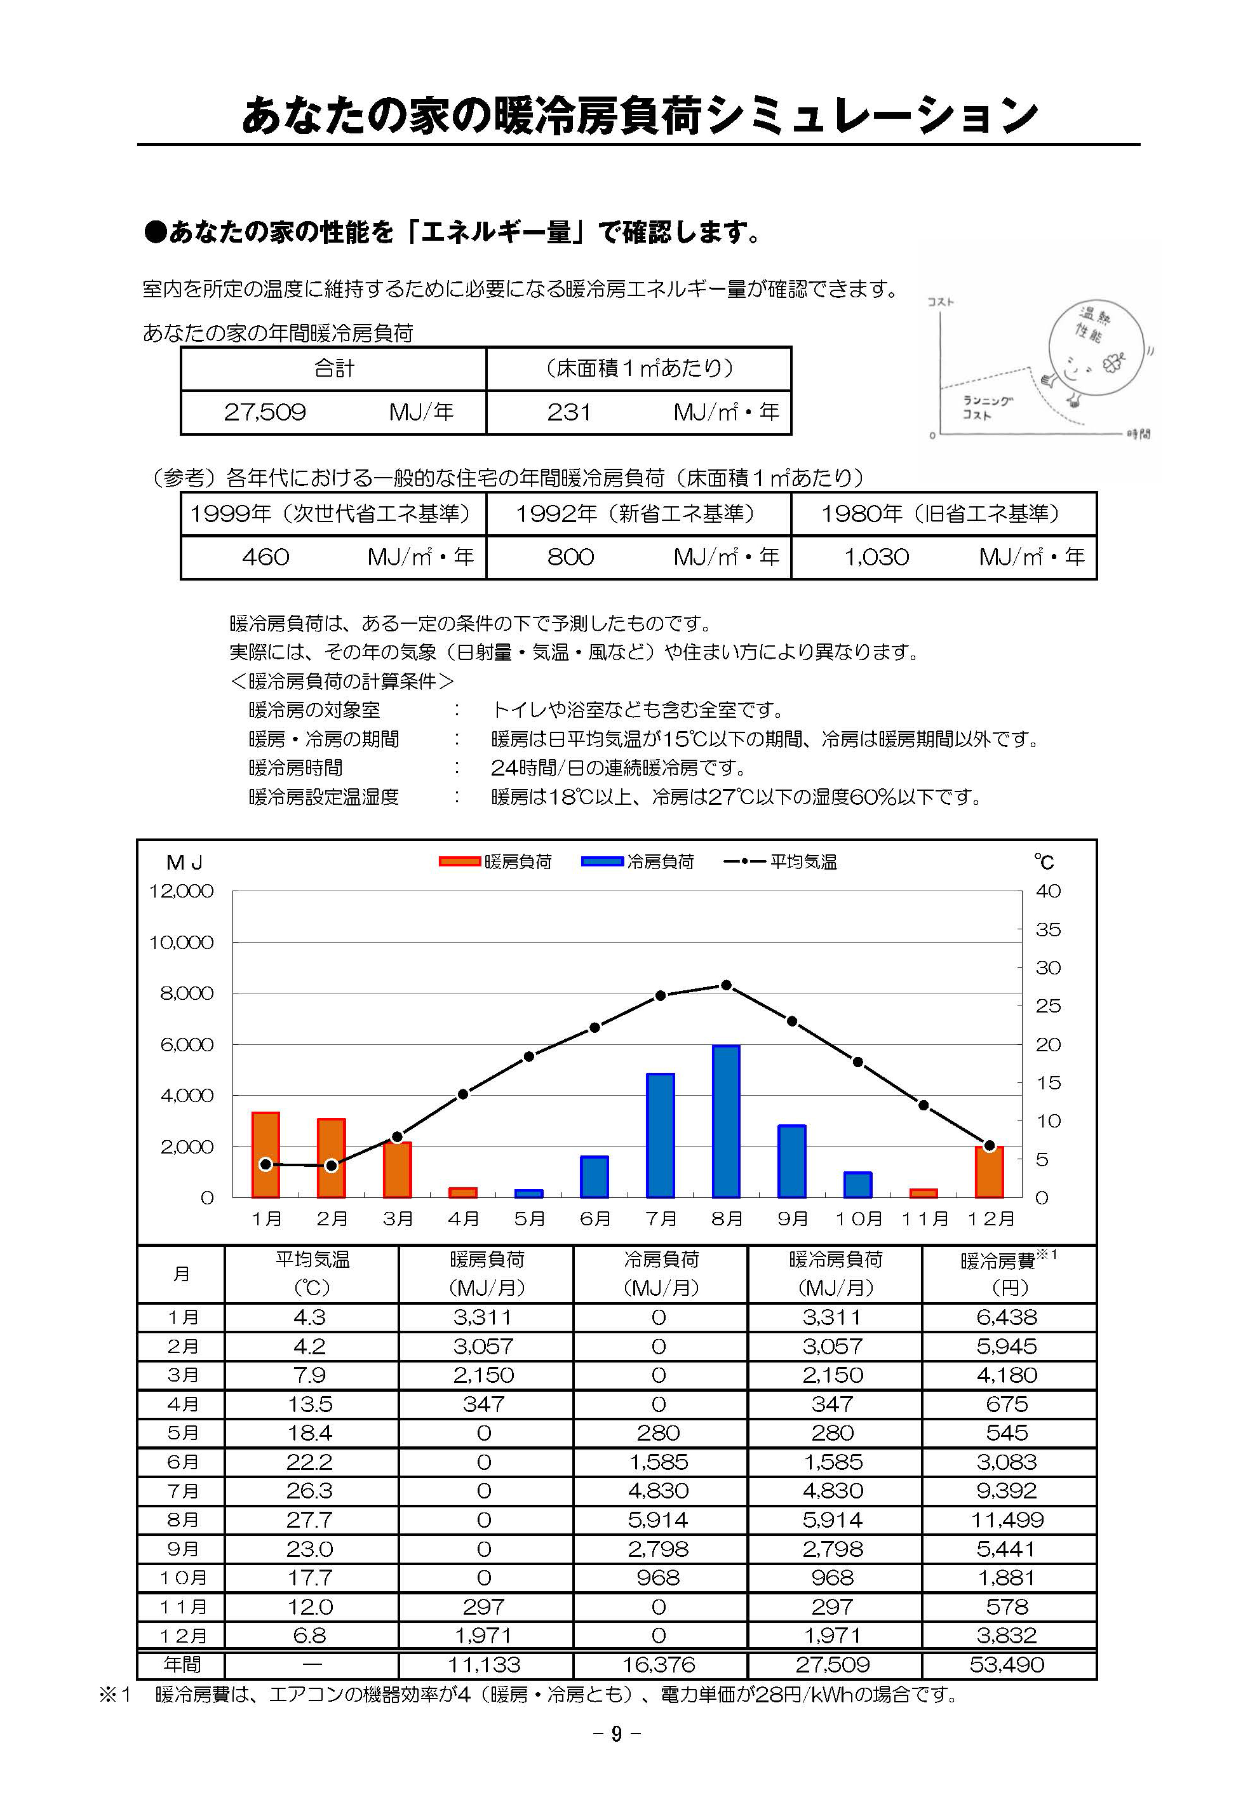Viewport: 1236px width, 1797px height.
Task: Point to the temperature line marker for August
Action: coord(727,985)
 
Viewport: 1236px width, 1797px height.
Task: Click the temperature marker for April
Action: coord(463,1094)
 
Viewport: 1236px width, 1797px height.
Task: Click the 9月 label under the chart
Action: coord(792,1218)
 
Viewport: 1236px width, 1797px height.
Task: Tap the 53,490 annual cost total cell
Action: coord(1007,1664)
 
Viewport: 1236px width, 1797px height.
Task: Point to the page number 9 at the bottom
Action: coord(617,1733)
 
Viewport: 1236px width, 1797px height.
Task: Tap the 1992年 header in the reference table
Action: coord(636,513)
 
